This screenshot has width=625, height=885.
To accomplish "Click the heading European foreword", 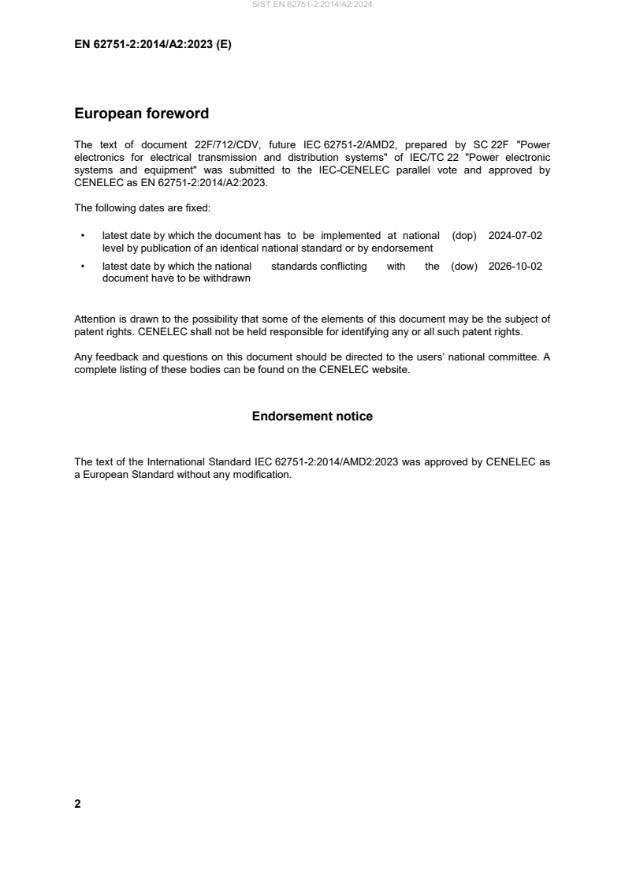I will coord(141,114).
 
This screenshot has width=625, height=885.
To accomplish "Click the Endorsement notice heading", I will coord(312,416).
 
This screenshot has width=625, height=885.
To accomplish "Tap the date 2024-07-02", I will coord(515,236).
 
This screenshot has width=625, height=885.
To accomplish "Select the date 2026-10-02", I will coord(515,267).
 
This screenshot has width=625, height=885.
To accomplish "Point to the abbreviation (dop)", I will coord(464,236).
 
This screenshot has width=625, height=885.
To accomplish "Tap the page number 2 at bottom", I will coord(77,804).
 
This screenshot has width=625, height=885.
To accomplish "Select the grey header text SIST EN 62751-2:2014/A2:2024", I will coord(312,5).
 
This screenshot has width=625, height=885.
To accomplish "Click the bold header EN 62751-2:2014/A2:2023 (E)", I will coord(153,45).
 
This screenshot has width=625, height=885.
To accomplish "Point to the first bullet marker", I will coord(83,236).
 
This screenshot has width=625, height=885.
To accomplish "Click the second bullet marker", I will coord(83,267).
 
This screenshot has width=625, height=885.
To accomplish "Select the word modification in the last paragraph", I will coord(262,476).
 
